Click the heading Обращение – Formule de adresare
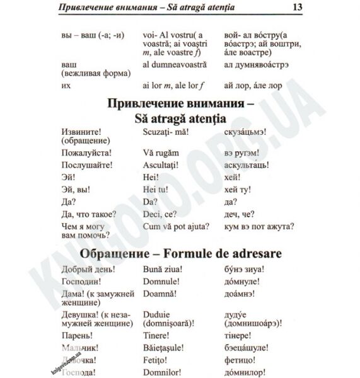click(x=180, y=253)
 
